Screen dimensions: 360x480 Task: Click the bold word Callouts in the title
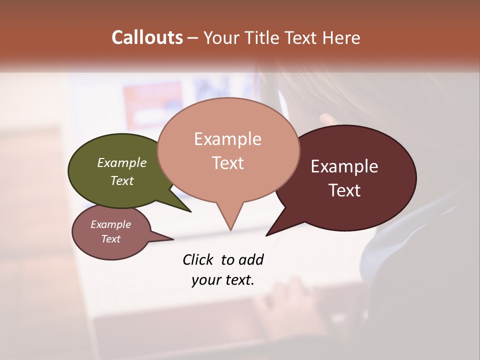(x=147, y=37)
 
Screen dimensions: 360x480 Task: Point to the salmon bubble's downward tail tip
(x=230, y=230)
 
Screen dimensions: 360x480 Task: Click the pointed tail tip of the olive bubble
(x=190, y=211)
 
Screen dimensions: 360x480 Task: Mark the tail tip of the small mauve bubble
(x=173, y=239)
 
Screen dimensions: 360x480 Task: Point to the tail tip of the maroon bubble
(x=266, y=235)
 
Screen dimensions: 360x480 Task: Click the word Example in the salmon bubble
(x=227, y=139)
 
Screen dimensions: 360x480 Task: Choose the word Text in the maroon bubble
(x=344, y=190)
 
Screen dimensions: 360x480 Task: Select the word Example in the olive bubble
(x=122, y=162)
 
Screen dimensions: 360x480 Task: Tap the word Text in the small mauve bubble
(x=111, y=239)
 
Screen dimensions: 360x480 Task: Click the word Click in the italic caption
(x=198, y=259)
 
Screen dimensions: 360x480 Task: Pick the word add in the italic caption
(x=251, y=259)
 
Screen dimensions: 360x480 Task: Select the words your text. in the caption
(x=223, y=280)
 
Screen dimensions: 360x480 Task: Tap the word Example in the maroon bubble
(x=344, y=166)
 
